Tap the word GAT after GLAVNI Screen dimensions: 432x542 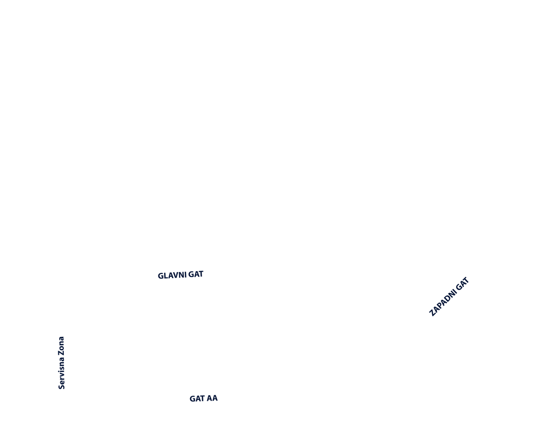196,274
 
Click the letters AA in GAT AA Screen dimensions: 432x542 211,398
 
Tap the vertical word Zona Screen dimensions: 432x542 61,345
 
